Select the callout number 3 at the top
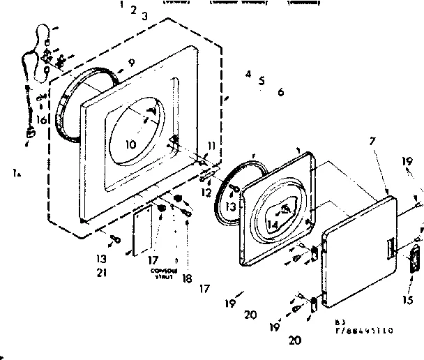144,15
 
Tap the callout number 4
248,74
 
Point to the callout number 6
280,92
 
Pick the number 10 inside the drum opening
131,144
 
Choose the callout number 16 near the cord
42,120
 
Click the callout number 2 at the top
132,10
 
